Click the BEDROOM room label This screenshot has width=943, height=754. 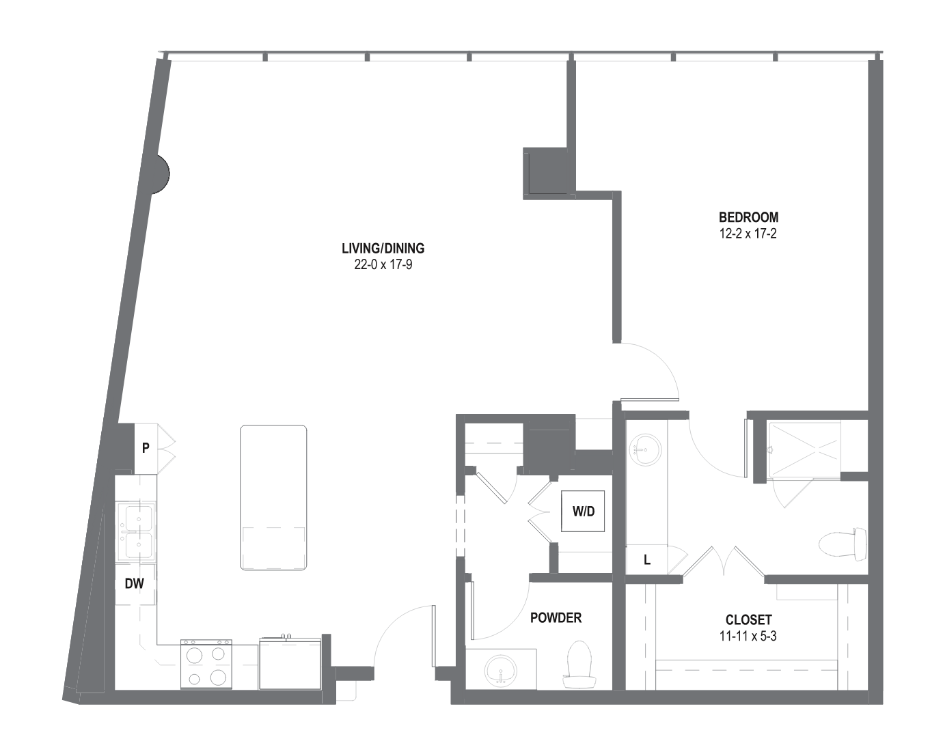(x=748, y=217)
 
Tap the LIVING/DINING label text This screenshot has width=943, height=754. (x=383, y=249)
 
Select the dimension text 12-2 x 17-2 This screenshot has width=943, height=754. (x=748, y=234)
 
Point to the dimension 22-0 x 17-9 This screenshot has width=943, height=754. (x=383, y=264)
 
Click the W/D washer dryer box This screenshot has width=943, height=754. (x=583, y=511)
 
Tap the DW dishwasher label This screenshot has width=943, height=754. (x=135, y=583)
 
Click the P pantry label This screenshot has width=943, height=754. (x=146, y=448)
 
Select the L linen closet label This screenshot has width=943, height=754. (x=647, y=559)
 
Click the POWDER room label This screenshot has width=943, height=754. (x=556, y=617)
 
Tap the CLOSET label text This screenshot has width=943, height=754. (x=748, y=619)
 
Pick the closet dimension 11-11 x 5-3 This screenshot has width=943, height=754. (x=748, y=636)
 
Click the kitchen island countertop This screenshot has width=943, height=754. (x=273, y=497)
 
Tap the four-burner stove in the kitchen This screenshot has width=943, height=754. (x=206, y=664)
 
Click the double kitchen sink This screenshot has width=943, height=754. (x=136, y=531)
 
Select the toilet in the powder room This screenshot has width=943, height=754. (x=579, y=665)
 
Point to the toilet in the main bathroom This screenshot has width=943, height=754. (x=843, y=544)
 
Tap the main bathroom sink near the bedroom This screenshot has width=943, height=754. (x=645, y=449)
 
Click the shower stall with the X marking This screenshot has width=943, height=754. (x=804, y=448)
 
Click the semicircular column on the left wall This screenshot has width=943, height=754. (x=161, y=174)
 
